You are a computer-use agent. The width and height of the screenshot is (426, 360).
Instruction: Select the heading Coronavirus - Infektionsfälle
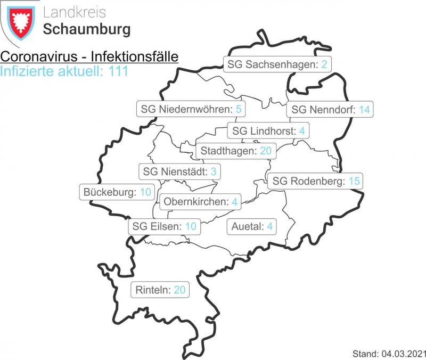pos(89,57)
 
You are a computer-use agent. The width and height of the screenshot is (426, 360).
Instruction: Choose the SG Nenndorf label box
pos(330,110)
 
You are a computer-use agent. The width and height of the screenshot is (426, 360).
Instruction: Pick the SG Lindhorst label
pos(268,130)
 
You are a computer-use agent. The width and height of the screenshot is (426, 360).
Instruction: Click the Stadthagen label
pos(236,151)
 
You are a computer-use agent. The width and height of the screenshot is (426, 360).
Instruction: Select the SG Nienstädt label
pos(179,171)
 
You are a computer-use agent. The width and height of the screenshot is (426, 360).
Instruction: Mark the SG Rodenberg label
pos(314,181)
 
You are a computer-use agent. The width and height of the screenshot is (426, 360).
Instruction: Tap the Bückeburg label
pos(117,192)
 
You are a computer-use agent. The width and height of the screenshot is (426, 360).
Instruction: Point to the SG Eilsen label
pos(165,226)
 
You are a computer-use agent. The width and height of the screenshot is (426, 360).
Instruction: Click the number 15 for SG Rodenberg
pos(355,181)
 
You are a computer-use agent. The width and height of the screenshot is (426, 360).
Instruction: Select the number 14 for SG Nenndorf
pos(364,110)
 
